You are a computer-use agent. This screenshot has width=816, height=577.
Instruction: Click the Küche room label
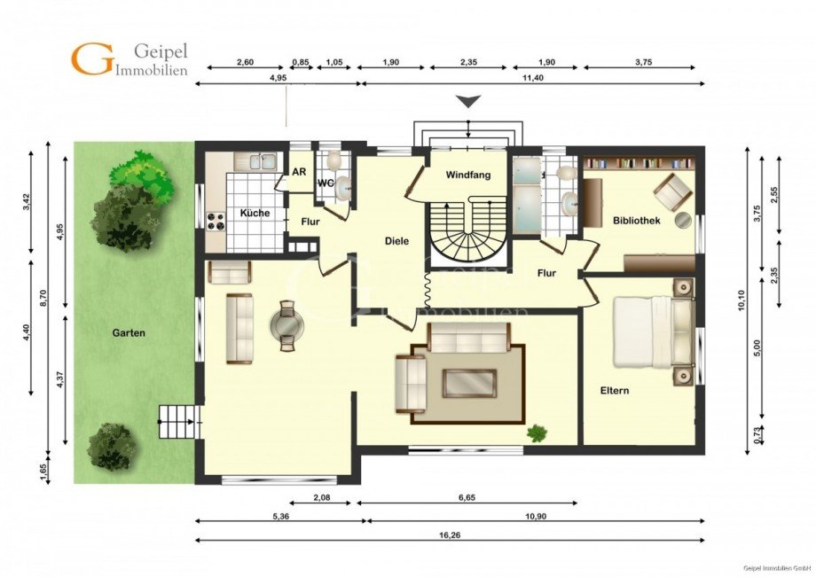[x=255, y=213]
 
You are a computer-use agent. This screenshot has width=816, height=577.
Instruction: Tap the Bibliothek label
[x=637, y=221]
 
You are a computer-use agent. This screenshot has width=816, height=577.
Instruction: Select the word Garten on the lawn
[x=129, y=332]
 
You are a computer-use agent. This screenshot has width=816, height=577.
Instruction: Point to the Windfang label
[x=468, y=175]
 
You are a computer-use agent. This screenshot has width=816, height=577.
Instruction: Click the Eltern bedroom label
[x=615, y=390]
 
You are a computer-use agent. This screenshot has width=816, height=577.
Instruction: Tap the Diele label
[x=397, y=241]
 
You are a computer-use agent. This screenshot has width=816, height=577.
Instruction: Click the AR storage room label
[x=299, y=172]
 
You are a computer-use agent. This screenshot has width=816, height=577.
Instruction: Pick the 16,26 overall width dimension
[x=451, y=534]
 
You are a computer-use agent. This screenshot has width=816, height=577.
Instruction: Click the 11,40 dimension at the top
[x=534, y=77]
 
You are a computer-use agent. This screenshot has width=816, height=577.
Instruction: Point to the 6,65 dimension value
[x=467, y=497]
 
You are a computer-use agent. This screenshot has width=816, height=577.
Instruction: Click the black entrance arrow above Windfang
[x=468, y=101]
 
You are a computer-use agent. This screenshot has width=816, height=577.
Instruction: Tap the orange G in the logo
[x=91, y=58]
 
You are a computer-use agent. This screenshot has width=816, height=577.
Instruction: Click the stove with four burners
[x=216, y=222]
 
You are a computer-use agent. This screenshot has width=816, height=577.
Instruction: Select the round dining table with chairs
[x=286, y=326]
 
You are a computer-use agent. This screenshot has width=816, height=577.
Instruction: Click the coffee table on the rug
[x=469, y=383]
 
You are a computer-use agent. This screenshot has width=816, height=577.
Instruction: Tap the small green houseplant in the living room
[x=537, y=433]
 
